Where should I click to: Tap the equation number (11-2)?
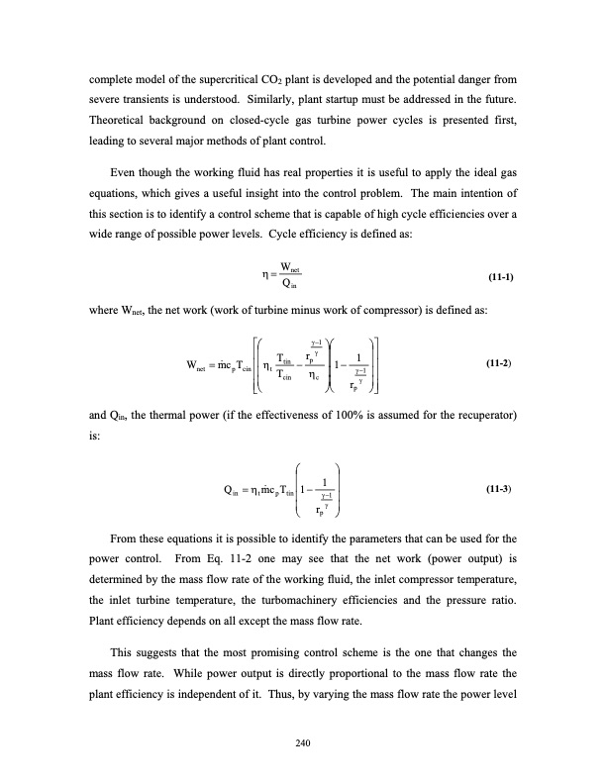[515, 365]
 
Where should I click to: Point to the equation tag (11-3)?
[515, 490]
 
